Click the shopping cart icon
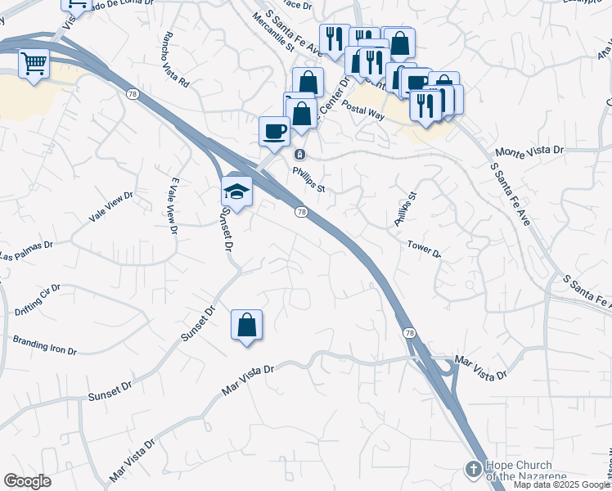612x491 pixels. pos(34,63)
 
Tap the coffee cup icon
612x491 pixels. pos(274,130)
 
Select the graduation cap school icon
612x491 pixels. pos(236,191)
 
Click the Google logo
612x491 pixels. pos(27,481)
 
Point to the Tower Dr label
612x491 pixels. pos(424,249)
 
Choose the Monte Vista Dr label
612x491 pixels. pos(531,152)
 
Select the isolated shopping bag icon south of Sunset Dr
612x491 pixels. pos(246,325)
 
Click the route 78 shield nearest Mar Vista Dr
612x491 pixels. pos(408,332)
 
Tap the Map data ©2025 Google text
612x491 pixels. pos(560,484)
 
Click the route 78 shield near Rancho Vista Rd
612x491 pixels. pos(132,95)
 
